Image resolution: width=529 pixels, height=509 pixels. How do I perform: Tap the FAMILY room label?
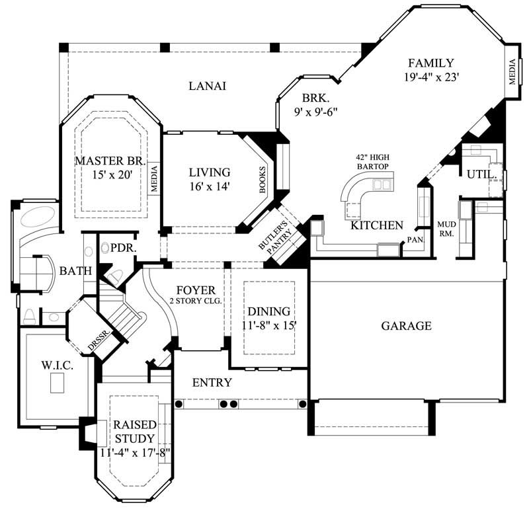coord(430,63)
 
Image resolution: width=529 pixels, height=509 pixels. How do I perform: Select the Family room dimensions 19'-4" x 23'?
coord(430,77)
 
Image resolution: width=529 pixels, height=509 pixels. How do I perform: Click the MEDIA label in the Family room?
coord(512,73)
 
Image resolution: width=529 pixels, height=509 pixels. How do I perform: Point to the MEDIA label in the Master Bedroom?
coord(154,178)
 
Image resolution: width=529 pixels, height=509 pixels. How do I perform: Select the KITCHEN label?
coord(376,225)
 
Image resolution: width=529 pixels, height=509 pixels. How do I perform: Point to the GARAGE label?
coord(406,326)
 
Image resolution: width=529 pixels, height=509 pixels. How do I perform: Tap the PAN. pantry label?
coord(415,239)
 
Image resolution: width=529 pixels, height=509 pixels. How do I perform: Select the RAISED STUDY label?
coord(134,431)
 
